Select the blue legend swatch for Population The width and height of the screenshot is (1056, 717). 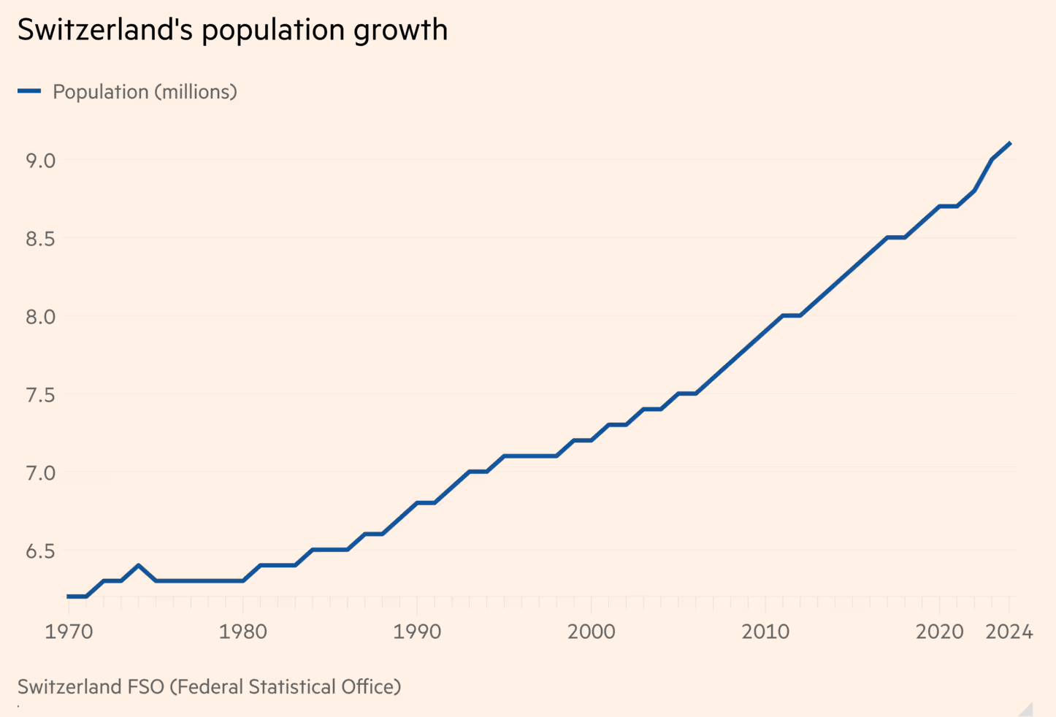29,91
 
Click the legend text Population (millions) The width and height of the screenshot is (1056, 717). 145,92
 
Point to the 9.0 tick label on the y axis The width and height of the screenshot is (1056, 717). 41,161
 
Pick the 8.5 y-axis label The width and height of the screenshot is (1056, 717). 41,239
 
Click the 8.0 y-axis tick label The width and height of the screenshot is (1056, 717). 41,317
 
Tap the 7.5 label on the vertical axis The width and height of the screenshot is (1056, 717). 41,395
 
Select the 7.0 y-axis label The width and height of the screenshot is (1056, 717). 41,473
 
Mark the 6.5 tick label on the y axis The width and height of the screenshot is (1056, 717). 41,551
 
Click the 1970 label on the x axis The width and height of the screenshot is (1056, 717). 69,632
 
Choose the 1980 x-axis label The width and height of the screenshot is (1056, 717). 242,632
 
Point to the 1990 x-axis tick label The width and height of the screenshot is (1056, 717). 417,632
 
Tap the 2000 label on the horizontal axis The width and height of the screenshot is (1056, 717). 591,632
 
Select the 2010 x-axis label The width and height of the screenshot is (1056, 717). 765,632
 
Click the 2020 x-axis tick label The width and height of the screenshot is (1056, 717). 939,632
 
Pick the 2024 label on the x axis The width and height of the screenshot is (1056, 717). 1009,632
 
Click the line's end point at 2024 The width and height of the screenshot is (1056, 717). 1010,143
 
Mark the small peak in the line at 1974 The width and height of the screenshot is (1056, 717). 138,566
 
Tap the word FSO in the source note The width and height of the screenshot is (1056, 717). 146,687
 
